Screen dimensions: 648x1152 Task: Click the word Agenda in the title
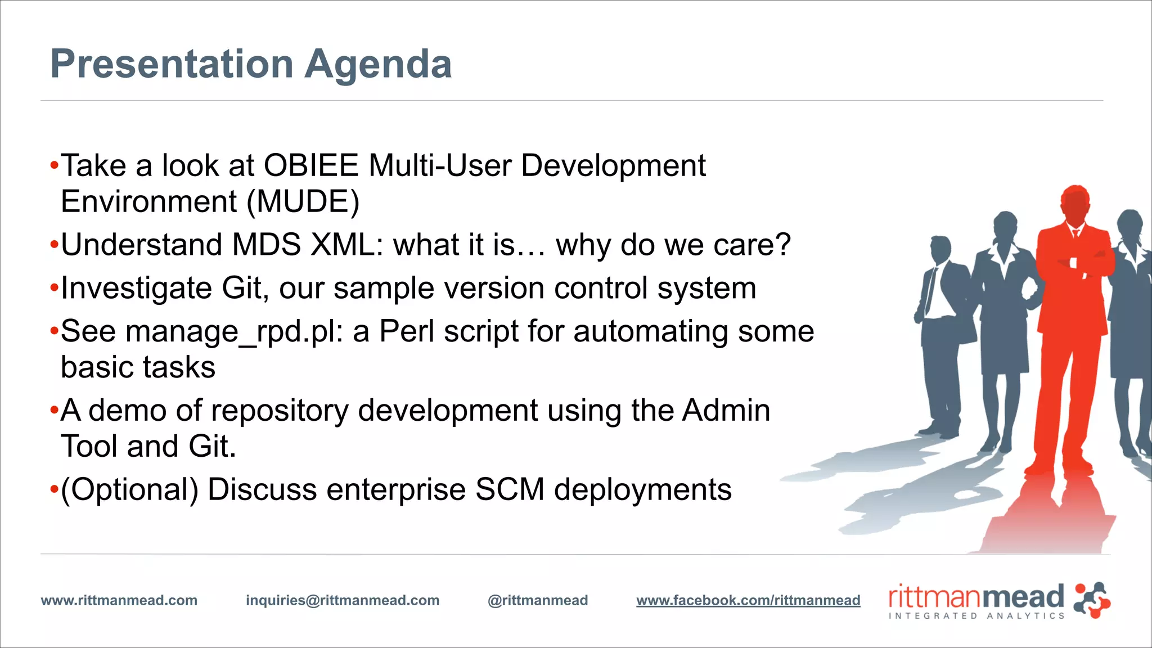pos(378,64)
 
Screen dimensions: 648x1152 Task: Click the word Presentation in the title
pos(172,64)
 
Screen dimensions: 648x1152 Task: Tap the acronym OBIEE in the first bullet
pos(311,165)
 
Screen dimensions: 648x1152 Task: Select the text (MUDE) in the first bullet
pos(303,201)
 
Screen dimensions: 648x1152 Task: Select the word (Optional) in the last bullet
pos(130,489)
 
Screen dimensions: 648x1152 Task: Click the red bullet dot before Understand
pos(54,245)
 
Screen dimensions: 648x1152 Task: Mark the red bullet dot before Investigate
pos(54,288)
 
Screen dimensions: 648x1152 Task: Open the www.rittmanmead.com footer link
pos(119,600)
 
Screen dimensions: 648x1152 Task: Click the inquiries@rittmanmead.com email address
pos(343,600)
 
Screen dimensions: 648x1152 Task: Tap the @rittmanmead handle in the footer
pos(538,600)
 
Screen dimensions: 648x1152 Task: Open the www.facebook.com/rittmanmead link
pos(748,600)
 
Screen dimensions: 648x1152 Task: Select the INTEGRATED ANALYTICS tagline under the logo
pos(976,616)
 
